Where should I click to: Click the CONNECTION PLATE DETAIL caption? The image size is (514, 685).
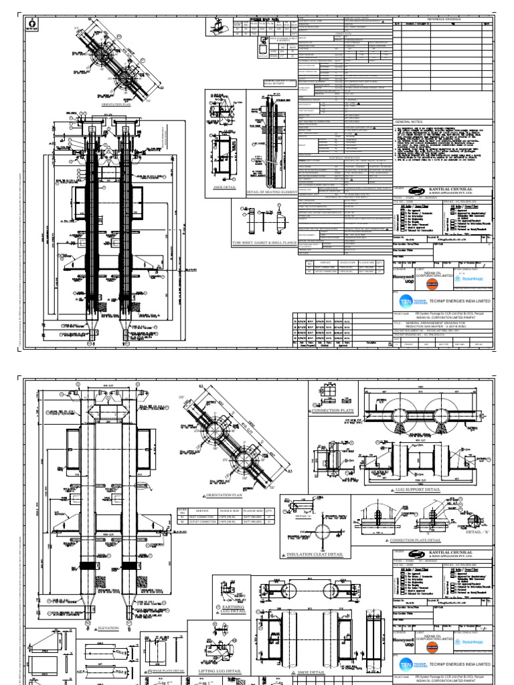coord(416,539)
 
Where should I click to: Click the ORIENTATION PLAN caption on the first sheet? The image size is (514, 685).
coord(118,105)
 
